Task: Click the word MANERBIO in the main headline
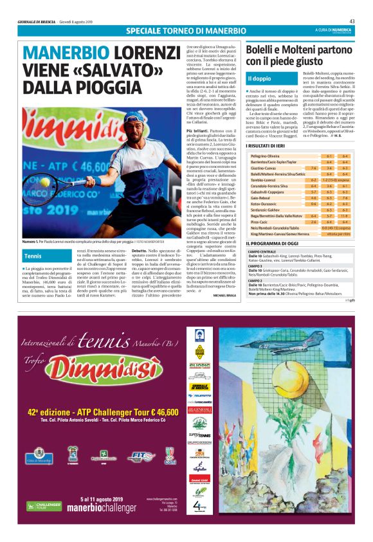coord(64,54)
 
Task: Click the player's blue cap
coord(134,117)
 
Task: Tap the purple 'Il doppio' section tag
coord(260,78)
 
